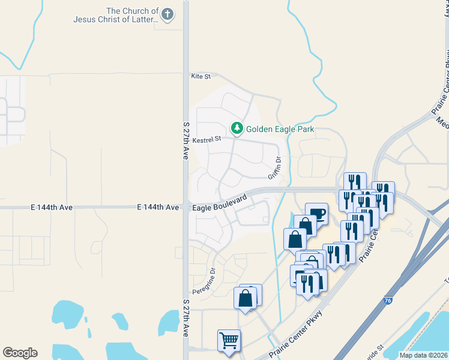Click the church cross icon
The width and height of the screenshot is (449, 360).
click(167, 14)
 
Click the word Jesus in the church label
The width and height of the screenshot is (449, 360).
click(85, 19)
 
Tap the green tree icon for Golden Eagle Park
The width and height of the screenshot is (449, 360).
click(238, 128)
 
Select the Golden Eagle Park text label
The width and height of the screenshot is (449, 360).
click(280, 129)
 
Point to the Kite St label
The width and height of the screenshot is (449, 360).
click(201, 76)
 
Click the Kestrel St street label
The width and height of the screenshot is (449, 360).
click(207, 139)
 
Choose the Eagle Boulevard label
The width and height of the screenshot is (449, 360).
click(220, 202)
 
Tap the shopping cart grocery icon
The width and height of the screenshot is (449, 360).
click(229, 341)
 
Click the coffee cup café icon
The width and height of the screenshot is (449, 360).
click(316, 214)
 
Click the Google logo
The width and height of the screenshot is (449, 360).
click(20, 353)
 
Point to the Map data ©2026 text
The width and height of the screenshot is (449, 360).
click(423, 355)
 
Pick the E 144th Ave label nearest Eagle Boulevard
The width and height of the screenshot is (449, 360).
click(158, 207)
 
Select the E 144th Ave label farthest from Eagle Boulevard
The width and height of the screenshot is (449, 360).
click(51, 207)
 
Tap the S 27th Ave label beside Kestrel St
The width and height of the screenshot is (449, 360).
click(186, 139)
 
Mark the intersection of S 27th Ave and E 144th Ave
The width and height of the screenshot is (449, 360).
click(186, 207)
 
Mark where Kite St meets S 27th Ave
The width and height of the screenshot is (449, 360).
click(186, 76)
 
